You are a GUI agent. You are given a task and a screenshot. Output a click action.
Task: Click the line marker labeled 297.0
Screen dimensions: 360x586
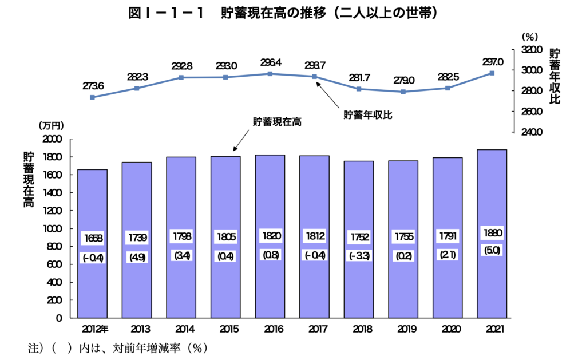click(x=492, y=73)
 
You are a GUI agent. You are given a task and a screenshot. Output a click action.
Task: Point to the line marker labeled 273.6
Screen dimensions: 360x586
click(x=93, y=97)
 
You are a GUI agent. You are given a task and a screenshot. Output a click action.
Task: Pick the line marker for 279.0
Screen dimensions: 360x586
click(x=403, y=92)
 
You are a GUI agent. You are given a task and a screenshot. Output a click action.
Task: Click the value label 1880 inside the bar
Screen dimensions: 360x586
click(x=492, y=234)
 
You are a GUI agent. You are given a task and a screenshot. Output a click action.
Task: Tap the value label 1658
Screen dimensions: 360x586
click(x=92, y=237)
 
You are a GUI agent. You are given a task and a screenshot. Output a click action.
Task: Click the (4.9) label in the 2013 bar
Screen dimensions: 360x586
click(x=137, y=258)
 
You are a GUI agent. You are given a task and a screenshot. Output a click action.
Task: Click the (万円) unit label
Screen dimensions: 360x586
click(x=52, y=125)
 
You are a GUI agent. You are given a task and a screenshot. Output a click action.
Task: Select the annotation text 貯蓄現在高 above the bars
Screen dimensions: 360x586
click(x=277, y=122)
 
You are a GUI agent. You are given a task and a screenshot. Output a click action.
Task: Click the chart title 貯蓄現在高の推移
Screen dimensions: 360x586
click(x=284, y=14)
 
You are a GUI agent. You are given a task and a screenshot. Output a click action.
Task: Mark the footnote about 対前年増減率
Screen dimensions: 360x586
click(x=117, y=347)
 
